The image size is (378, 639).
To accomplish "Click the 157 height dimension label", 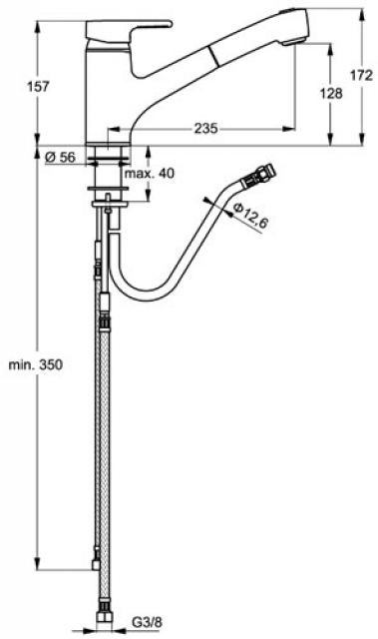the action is pyautogui.click(x=38, y=87).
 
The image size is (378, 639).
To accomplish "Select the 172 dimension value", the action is pyautogui.click(x=361, y=75).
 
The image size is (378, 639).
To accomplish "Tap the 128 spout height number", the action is pyautogui.click(x=331, y=93).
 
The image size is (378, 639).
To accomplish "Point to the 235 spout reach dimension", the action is pyautogui.click(x=205, y=129).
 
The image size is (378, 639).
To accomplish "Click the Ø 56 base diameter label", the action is pyautogui.click(x=60, y=157).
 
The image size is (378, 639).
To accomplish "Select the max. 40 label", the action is pyautogui.click(x=149, y=173).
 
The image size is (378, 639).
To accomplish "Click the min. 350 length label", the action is pyautogui.click(x=36, y=363).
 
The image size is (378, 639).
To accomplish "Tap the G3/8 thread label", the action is pyautogui.click(x=147, y=622).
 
